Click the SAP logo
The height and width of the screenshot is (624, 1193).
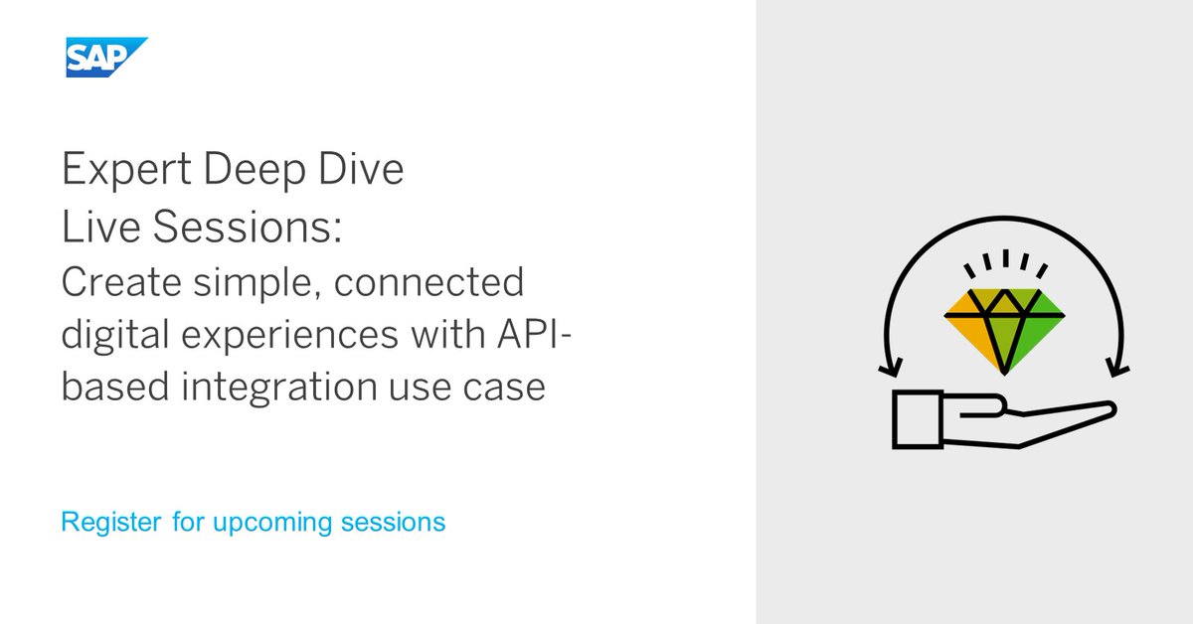click(x=105, y=57)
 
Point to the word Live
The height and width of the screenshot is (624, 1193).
click(x=93, y=228)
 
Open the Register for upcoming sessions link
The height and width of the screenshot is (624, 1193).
click(x=253, y=522)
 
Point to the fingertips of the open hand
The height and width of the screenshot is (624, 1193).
click(x=1108, y=409)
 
